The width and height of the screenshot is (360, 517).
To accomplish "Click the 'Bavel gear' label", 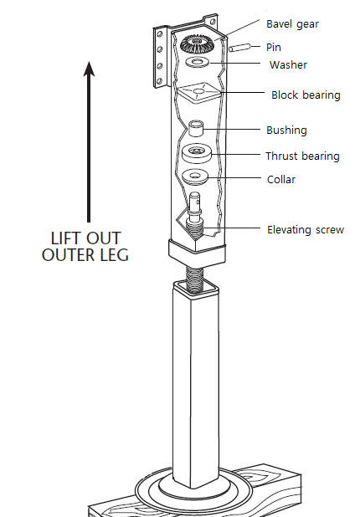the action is coord(292,24).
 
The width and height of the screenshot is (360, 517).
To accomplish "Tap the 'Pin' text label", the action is coord(274,47).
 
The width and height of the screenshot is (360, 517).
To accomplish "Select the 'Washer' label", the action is coord(288,64).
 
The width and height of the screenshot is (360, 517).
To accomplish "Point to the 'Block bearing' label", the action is coord(306,95).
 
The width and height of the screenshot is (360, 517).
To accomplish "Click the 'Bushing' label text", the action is coord(286,130).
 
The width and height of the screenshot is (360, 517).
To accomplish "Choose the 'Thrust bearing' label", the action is coord(302,156).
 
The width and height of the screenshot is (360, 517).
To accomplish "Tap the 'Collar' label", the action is coord(281,179).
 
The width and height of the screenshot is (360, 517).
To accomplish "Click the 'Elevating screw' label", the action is coord(306,229).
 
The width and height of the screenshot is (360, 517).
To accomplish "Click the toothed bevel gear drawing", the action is coord(197,44).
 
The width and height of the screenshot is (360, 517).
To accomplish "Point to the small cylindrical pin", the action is coord(240,48).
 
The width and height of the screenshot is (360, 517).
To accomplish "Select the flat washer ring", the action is coord(198,62).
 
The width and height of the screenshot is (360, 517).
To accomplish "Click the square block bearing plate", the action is coord(199,92).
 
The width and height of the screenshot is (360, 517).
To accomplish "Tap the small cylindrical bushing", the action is coord(195,128).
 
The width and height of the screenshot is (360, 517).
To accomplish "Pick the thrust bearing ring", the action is coord(197,153).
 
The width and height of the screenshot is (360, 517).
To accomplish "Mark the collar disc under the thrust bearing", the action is coord(195,177).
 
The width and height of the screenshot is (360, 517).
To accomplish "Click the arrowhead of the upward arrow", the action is coord(89,69).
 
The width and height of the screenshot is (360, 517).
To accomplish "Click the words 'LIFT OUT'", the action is coord(86,238).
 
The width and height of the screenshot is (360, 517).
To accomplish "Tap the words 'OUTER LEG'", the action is coord(85,255).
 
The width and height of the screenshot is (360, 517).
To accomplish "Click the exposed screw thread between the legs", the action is coord(195,278).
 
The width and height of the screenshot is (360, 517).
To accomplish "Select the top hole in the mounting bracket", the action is coord(160,33).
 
